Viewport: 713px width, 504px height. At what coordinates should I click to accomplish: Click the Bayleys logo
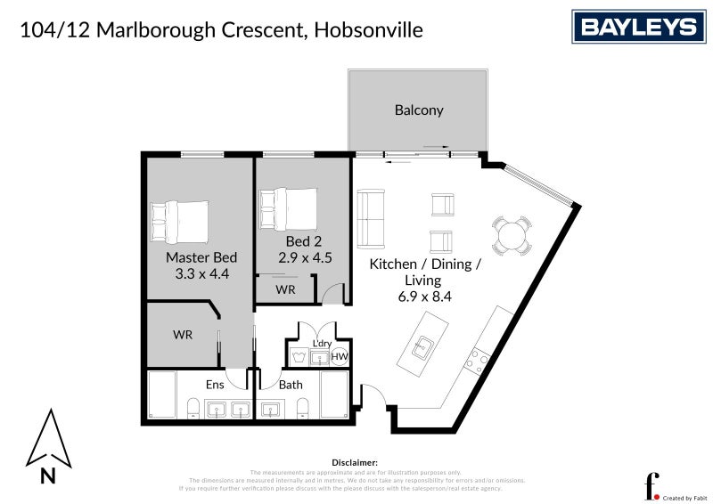pyautogui.click(x=638, y=27)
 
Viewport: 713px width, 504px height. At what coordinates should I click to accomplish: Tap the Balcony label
pyautogui.click(x=419, y=110)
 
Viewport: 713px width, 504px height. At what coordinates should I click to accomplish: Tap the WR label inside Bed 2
pyautogui.click(x=285, y=290)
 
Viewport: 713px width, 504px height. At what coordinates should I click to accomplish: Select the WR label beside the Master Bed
pyautogui.click(x=184, y=335)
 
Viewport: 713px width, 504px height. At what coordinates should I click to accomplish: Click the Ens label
pyautogui.click(x=215, y=385)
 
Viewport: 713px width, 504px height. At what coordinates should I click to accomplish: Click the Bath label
pyautogui.click(x=291, y=385)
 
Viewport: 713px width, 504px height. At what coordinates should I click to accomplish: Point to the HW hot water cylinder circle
pyautogui.click(x=340, y=357)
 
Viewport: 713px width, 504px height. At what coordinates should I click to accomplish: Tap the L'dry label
pyautogui.click(x=322, y=344)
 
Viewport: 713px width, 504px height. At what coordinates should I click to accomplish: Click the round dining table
pyautogui.click(x=513, y=236)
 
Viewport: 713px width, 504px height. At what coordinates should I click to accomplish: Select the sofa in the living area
pyautogui.click(x=369, y=219)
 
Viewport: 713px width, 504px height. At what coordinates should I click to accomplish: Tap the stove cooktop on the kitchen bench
pyautogui.click(x=479, y=361)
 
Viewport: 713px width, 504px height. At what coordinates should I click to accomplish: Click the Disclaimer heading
pyautogui.click(x=355, y=462)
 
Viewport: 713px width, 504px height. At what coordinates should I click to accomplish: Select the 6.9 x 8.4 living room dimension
pyautogui.click(x=425, y=297)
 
